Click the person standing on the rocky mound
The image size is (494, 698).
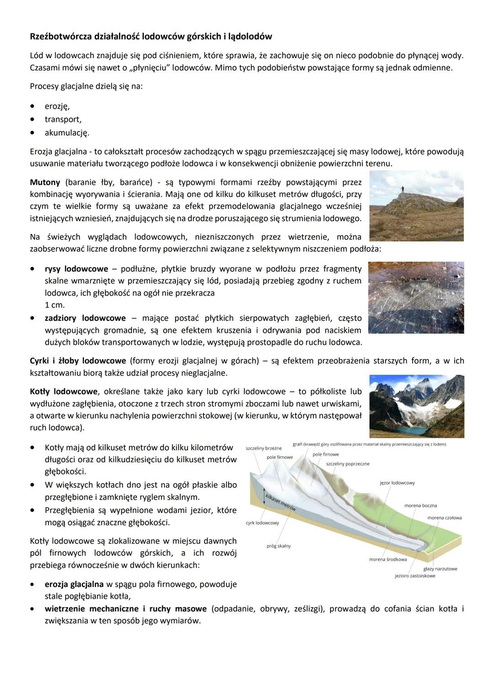click(402, 189)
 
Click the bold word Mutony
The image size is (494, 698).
click(45, 182)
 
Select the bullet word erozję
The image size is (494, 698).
click(57, 106)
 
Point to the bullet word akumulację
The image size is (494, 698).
click(67, 133)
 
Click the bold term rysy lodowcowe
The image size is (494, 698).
click(76, 269)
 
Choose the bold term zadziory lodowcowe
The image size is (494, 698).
click(85, 318)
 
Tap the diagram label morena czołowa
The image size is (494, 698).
click(444, 518)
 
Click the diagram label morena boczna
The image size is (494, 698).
click(420, 506)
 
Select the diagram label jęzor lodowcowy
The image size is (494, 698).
click(397, 483)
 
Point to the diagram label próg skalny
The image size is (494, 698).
click(279, 546)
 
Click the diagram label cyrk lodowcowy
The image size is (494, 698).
click(262, 523)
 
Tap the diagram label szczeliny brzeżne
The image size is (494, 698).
click(263, 448)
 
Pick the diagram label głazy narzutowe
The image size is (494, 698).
click(440, 569)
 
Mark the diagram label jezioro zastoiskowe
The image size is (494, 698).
click(415, 576)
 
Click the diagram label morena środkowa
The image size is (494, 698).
click(388, 559)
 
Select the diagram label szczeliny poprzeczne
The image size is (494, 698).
click(348, 464)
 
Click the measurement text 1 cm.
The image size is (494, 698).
click(54, 305)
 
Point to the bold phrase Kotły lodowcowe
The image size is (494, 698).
click(64, 392)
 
